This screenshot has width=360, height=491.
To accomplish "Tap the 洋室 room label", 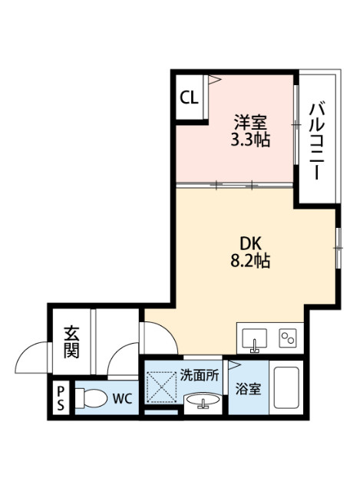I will pos(249,123).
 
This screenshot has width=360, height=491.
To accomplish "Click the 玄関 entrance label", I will pos(71,341).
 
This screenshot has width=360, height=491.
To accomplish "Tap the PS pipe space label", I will pos(59,399).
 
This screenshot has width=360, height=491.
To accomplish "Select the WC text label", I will pos(122,400).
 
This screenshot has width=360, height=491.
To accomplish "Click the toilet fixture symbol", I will pos(91,400).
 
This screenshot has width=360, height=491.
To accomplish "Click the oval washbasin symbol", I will pos(202,401).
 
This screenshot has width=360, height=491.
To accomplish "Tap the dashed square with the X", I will pos(162,388).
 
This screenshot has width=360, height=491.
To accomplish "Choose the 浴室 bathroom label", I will pos(247,389).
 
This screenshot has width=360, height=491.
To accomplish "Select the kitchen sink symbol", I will pos(255,338).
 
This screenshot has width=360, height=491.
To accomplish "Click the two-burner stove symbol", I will pos(289,338).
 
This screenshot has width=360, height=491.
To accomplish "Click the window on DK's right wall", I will pos(337,247).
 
